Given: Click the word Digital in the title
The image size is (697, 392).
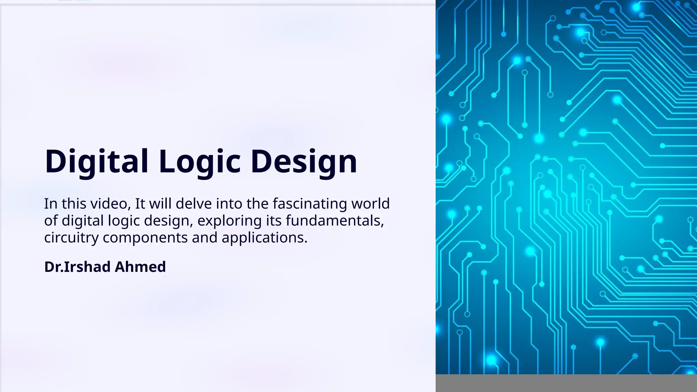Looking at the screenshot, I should (x=96, y=161).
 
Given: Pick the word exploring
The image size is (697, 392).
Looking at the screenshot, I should (x=229, y=221).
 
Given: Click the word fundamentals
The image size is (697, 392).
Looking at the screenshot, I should (x=335, y=221).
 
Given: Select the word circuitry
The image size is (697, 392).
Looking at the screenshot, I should (x=71, y=238).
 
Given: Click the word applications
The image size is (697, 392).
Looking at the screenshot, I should (x=264, y=238).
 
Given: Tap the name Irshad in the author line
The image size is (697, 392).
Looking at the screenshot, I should (x=87, y=267).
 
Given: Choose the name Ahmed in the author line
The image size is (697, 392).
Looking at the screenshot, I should (x=140, y=267).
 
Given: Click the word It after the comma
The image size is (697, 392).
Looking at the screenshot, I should (x=140, y=204).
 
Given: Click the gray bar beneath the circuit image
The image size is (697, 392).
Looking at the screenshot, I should (x=566, y=383).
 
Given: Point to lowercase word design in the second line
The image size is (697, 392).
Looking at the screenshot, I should (x=166, y=221).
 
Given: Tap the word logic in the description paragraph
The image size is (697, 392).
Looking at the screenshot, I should (x=124, y=221).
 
